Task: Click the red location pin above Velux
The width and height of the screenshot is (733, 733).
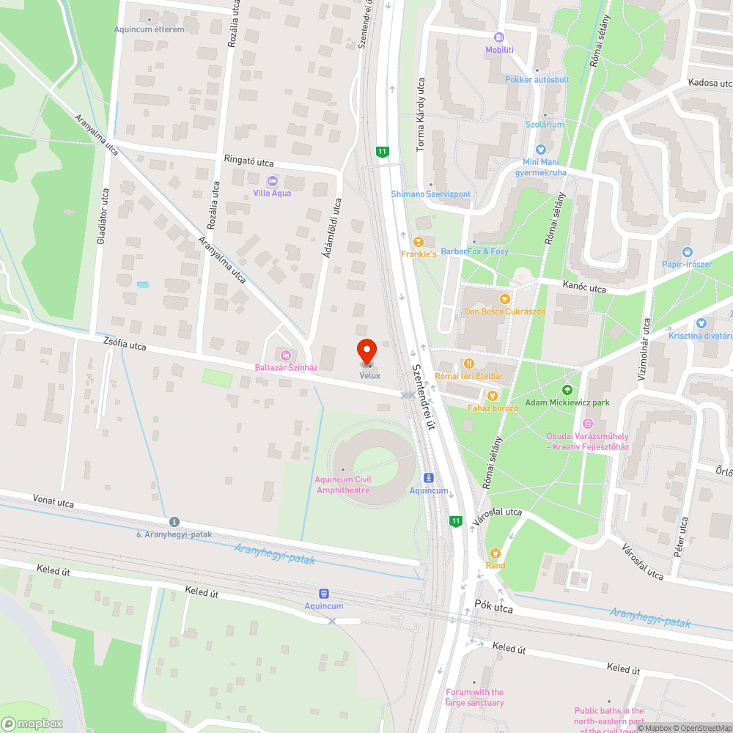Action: point(366,351)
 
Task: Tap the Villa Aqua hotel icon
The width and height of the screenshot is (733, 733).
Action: point(273,180)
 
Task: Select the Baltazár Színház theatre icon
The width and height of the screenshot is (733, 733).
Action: point(276,356)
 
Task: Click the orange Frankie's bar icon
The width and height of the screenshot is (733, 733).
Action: point(419,241)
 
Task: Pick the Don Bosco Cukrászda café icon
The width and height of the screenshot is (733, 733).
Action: point(504,298)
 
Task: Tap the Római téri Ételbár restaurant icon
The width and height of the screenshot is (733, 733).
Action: point(468,364)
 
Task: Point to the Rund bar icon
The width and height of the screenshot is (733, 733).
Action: point(495,553)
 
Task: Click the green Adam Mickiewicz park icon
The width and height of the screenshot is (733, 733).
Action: point(567,390)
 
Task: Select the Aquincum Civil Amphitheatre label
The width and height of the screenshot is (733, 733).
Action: point(343,485)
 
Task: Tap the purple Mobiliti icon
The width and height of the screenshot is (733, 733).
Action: point(499,37)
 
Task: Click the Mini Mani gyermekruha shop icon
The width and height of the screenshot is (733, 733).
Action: point(542,150)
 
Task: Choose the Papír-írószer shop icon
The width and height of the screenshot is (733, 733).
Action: point(686,252)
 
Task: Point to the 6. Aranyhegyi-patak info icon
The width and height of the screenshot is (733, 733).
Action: point(174,522)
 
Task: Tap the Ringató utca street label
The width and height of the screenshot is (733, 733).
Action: point(249,161)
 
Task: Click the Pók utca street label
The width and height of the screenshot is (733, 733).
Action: point(493,608)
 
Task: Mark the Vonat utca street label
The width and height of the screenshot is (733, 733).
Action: point(54,501)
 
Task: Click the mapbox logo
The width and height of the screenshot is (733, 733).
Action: point(33,723)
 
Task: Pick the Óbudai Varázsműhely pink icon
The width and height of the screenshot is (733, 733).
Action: point(587,423)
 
